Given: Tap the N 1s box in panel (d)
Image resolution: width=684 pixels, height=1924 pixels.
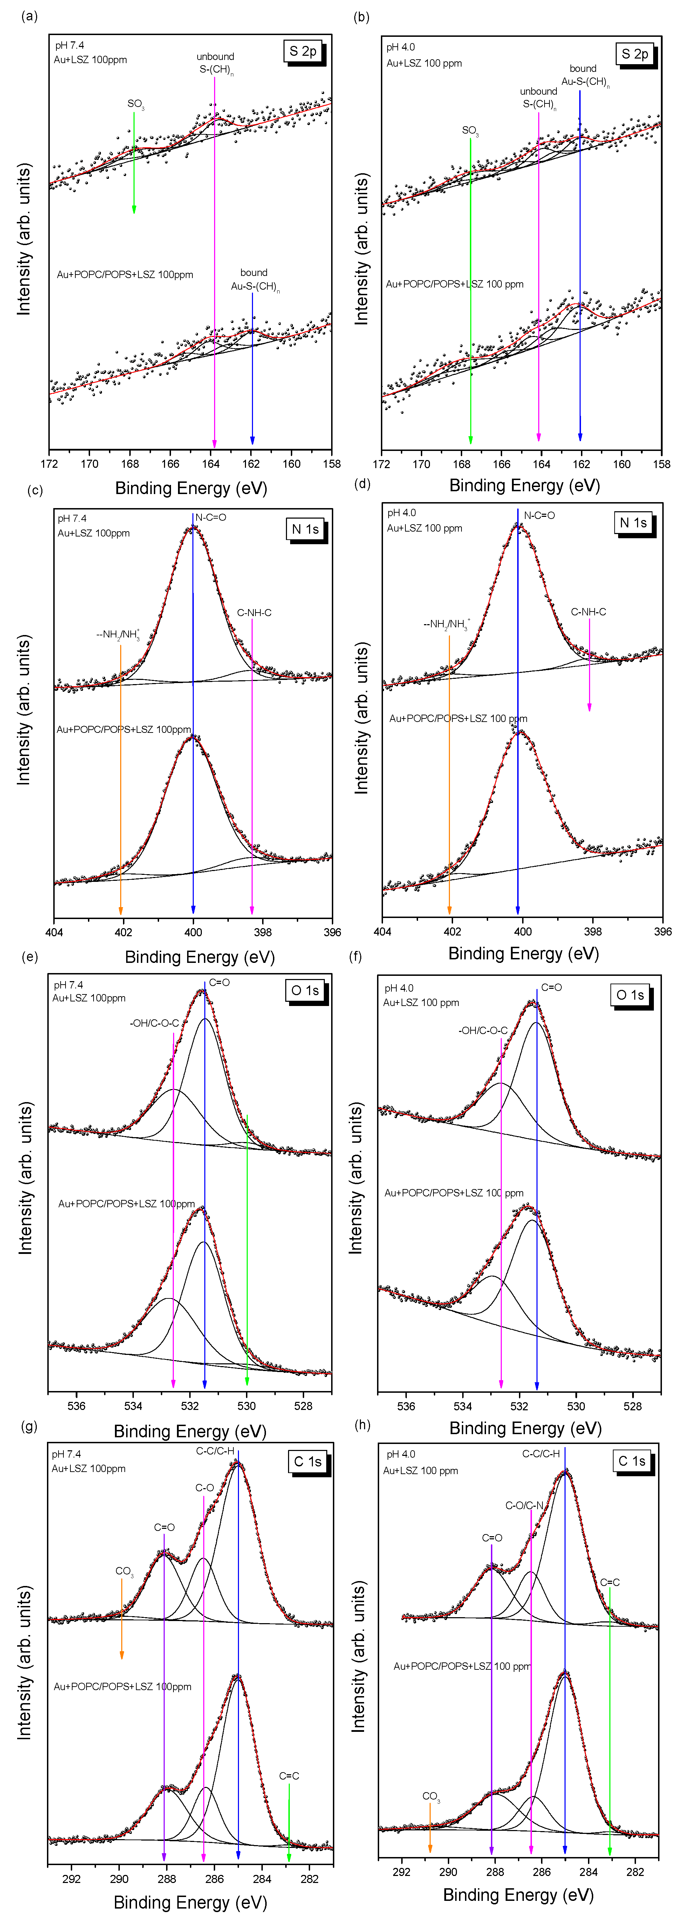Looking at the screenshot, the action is click(634, 523).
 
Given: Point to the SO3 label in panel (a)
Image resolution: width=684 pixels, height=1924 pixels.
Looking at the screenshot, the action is click(135, 104).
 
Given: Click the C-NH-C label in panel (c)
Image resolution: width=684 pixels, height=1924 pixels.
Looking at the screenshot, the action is click(254, 613).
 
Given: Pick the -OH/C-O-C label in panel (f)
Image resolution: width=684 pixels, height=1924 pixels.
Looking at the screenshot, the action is click(483, 1031).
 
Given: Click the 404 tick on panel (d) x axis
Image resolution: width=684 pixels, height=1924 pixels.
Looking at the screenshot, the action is click(382, 931).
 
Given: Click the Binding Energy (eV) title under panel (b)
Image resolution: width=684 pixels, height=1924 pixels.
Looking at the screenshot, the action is click(524, 486).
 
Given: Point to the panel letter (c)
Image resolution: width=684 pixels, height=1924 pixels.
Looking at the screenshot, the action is click(34, 491).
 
